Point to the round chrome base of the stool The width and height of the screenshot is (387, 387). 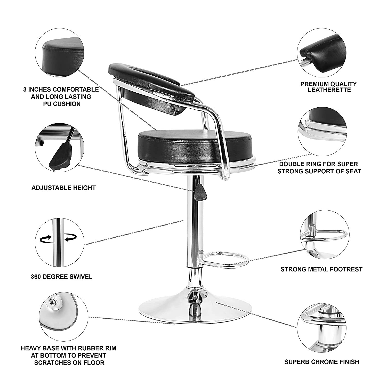191,310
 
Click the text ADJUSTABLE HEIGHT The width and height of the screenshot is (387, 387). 63,188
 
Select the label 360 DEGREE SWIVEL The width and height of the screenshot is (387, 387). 62,277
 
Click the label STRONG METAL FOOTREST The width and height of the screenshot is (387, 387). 321,269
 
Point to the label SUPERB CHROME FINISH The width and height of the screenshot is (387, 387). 321,362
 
